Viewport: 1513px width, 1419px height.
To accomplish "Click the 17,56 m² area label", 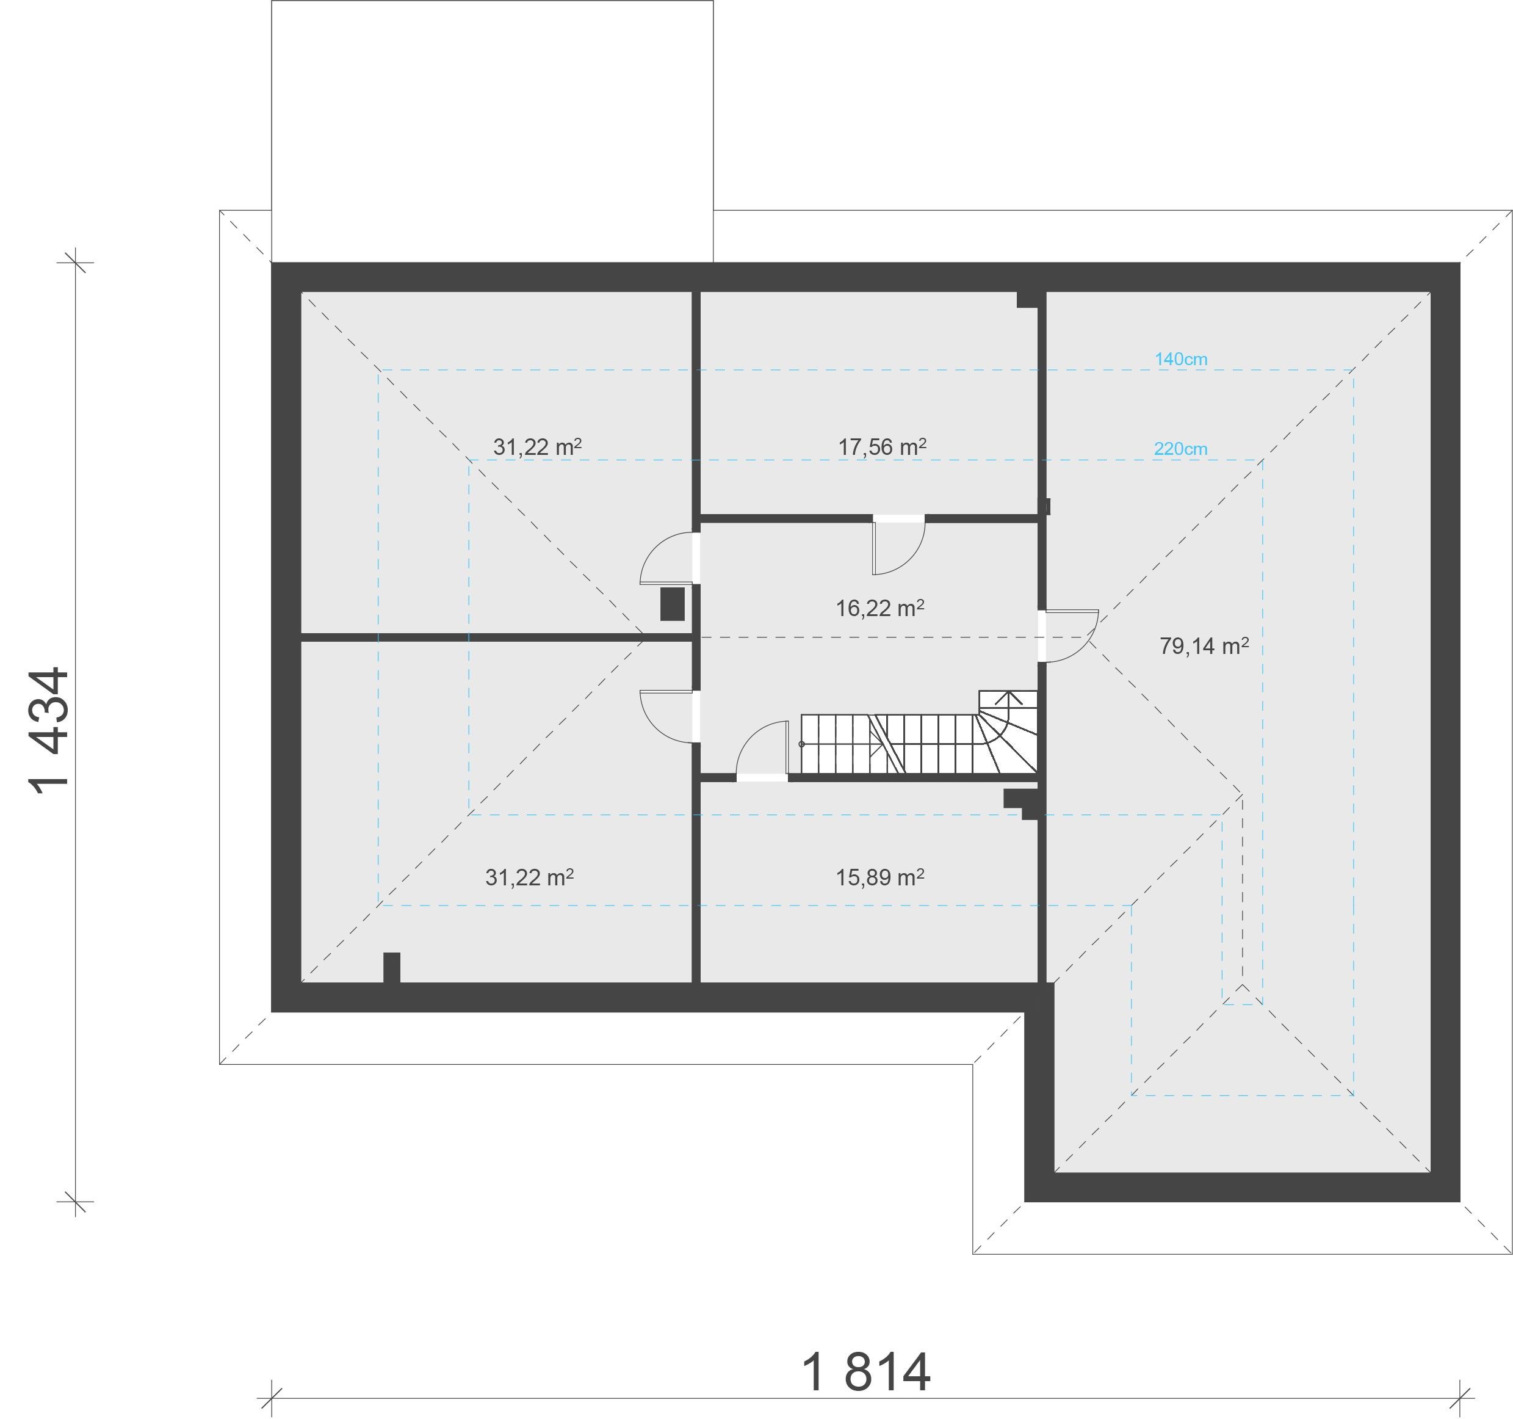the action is (882, 447).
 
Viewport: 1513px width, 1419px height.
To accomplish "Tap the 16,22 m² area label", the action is (880, 608).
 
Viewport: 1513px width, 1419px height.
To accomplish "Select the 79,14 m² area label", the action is (1204, 647).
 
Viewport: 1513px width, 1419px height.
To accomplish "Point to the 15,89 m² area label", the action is (880, 878).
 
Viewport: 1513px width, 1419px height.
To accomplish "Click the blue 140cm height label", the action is (1181, 359).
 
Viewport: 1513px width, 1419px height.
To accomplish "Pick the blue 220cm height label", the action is (1180, 449).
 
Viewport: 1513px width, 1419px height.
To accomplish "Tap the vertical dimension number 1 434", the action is (49, 731).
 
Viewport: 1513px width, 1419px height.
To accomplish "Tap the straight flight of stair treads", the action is (889, 744).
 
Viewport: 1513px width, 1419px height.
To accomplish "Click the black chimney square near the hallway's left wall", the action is (672, 604).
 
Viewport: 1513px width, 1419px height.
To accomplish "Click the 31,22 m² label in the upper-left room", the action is (537, 447).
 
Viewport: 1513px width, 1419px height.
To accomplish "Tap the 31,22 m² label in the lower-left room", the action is (530, 878).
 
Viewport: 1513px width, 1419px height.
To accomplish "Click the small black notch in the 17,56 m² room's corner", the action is (1027, 300).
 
